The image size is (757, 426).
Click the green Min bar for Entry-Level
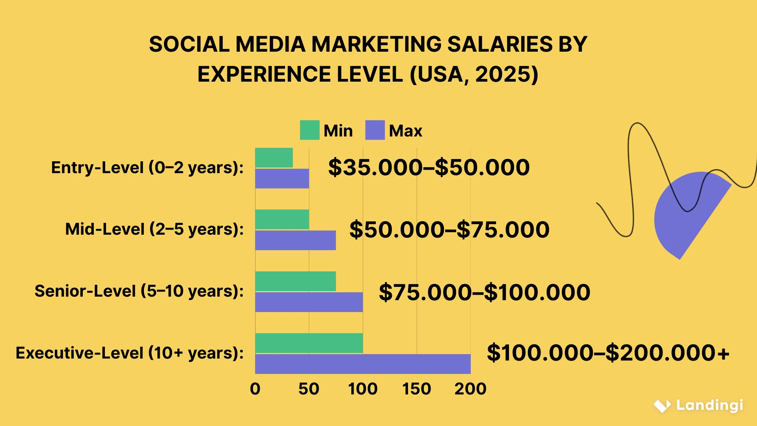tap(274, 158)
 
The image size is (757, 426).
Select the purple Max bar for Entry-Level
tap(282, 179)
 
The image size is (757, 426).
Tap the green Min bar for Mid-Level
tap(282, 219)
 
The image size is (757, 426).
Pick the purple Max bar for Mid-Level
tap(295, 240)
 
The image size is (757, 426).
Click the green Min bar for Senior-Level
tap(295, 281)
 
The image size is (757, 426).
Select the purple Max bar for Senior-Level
tap(309, 302)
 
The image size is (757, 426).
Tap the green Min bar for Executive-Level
tap(309, 343)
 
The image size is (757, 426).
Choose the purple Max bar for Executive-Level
tap(363, 364)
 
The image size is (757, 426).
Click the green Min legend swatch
tap(310, 130)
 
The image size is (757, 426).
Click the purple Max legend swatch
tap(375, 130)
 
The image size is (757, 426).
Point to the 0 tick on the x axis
tap(255, 389)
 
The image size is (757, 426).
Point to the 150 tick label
tap(417, 389)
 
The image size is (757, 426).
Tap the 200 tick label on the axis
tap(470, 389)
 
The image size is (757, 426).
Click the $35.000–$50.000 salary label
tap(429, 167)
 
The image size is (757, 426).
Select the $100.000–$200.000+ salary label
tap(608, 353)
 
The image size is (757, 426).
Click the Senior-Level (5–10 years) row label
tap(139, 291)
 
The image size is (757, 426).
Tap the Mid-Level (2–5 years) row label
tap(154, 229)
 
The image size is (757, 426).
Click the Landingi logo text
tap(709, 405)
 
